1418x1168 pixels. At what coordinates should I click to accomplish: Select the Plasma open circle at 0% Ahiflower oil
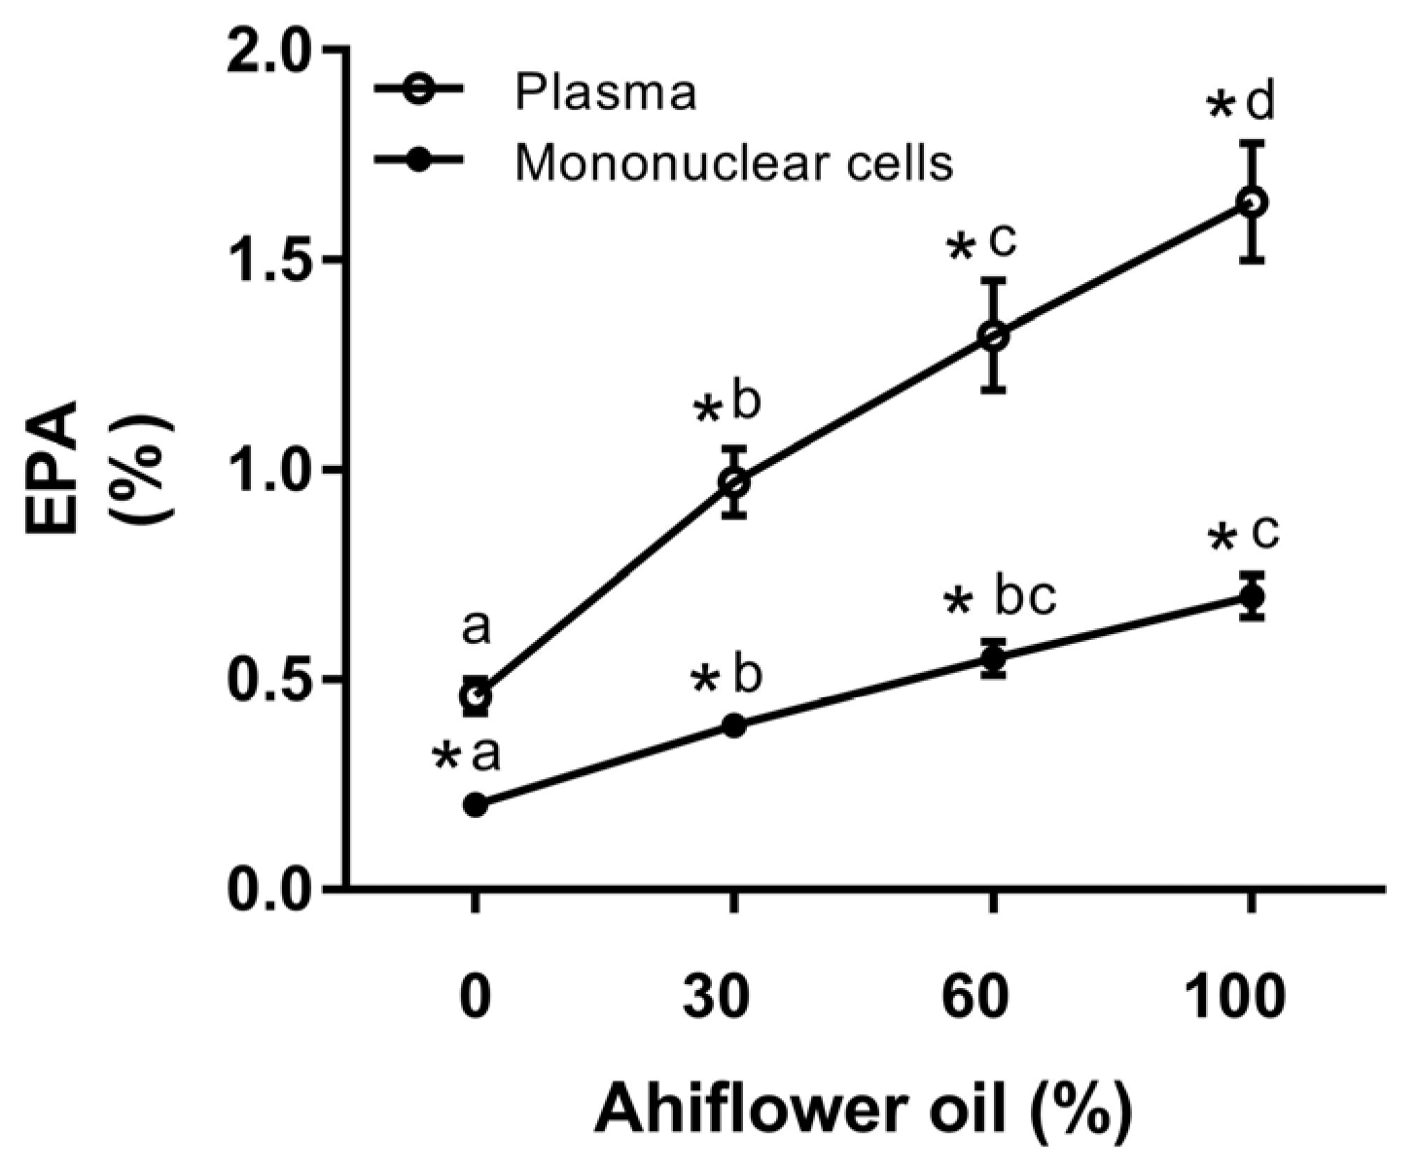(x=476, y=695)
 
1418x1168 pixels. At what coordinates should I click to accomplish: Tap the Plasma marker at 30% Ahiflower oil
(x=734, y=481)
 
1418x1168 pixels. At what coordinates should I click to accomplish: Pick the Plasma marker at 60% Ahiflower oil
(x=992, y=336)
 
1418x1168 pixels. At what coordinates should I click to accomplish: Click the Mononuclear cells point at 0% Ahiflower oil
(x=476, y=804)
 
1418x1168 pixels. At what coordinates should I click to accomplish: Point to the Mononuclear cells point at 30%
(x=734, y=726)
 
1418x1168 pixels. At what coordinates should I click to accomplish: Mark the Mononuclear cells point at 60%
(x=992, y=658)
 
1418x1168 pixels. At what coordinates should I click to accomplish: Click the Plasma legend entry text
(x=605, y=93)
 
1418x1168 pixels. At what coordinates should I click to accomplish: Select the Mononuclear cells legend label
(x=733, y=162)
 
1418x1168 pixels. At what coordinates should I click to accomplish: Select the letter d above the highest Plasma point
(x=1260, y=102)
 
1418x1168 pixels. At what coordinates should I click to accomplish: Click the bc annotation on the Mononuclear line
(x=1024, y=597)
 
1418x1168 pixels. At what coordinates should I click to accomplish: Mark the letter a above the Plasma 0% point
(x=476, y=628)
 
